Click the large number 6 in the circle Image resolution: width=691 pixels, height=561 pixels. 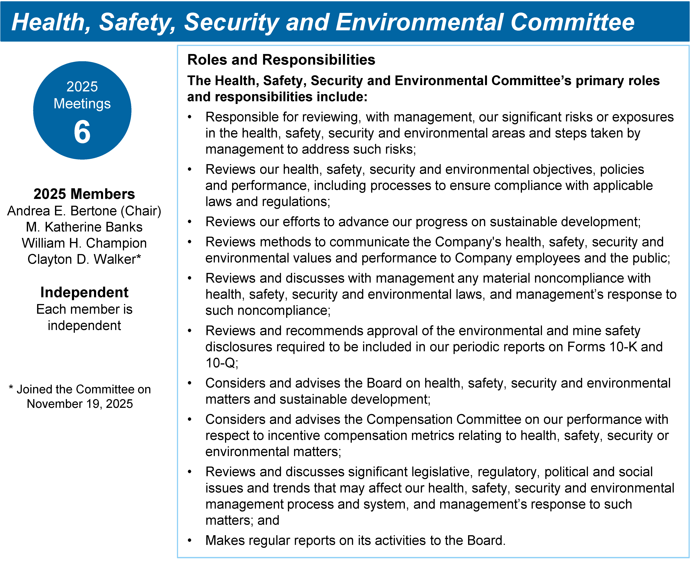pyautogui.click(x=82, y=132)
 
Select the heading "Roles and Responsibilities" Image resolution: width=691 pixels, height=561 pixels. pyautogui.click(x=281, y=60)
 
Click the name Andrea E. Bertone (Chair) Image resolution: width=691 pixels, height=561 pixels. pyautogui.click(x=84, y=211)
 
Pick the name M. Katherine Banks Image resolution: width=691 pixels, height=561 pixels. pyautogui.click(x=84, y=227)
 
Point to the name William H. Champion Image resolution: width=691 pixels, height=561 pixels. pyautogui.click(x=84, y=243)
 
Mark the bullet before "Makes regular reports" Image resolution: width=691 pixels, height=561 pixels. pyautogui.click(x=190, y=541)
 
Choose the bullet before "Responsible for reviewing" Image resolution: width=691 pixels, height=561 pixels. pyautogui.click(x=190, y=117)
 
